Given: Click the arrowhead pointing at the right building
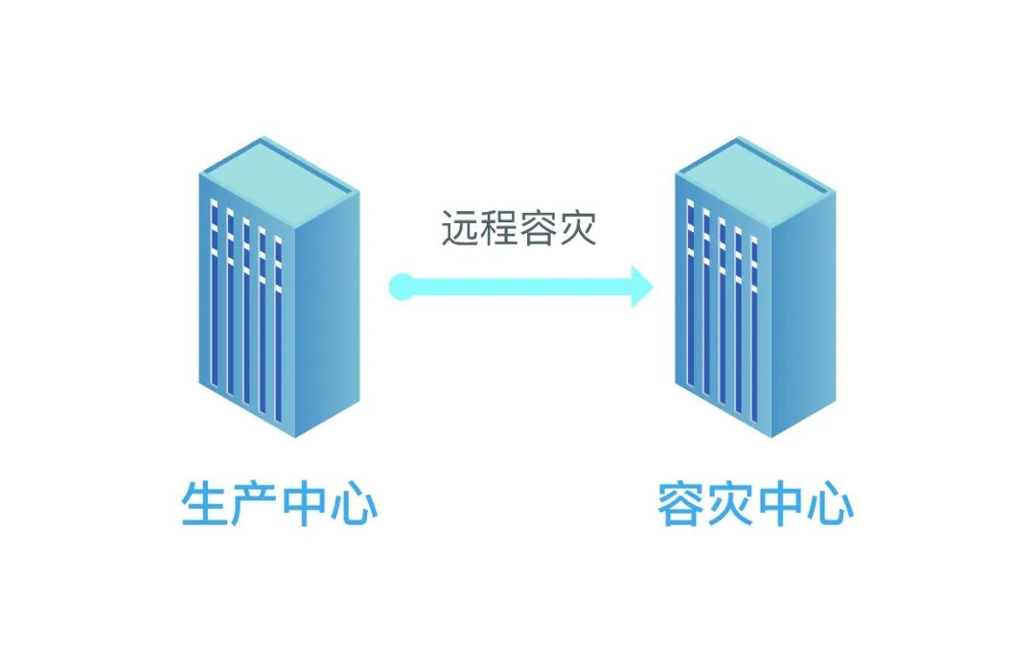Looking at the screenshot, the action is coord(640,286).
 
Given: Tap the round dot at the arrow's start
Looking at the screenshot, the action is coord(402,286).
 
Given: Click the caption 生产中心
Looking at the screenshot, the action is coord(279,505).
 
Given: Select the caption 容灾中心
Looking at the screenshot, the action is coord(755,505).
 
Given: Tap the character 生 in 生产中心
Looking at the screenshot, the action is coord(205,505).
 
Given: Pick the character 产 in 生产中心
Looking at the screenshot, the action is coord(254,505).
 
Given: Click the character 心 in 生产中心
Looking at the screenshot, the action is coord(354,505).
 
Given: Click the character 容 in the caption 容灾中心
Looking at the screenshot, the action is coord(681,505).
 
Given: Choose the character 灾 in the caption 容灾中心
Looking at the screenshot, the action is coord(730,505).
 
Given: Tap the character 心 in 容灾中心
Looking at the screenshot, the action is coord(829,505).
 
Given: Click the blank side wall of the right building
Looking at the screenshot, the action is coord(801,316).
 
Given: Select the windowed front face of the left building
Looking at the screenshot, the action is coord(244,307).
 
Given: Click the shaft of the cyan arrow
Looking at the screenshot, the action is coord(517,286).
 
